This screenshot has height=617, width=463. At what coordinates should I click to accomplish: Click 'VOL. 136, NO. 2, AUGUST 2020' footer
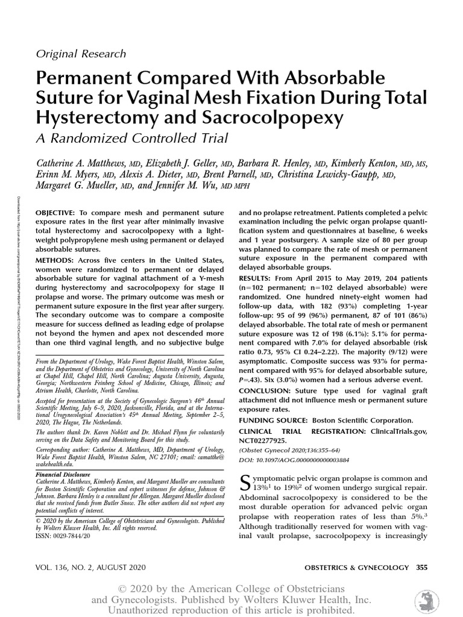click(x=90, y=567)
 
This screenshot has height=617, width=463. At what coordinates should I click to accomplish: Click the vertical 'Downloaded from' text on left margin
click(x=19, y=301)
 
